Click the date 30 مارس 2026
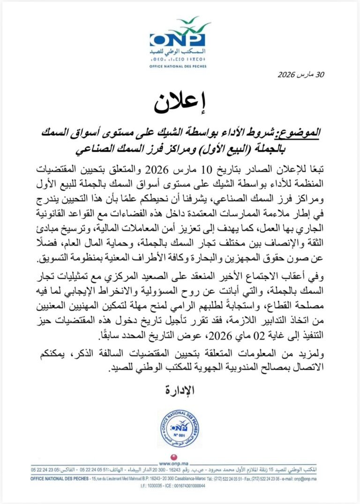click(x=300, y=74)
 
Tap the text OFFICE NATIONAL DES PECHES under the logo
click(x=178, y=66)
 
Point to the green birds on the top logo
click(x=188, y=22)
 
